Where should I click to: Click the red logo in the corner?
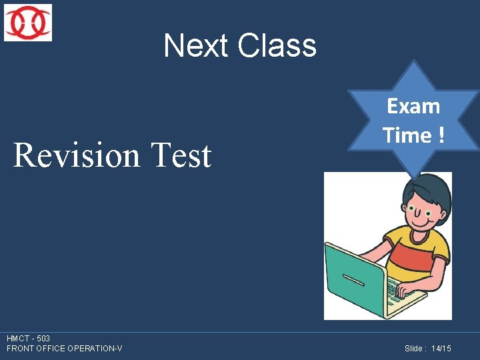pyautogui.click(x=27, y=23)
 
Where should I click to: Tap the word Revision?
pyautogui.click(x=77, y=155)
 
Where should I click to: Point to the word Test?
pyautogui.click(x=181, y=155)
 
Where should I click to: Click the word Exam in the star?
pyautogui.click(x=413, y=106)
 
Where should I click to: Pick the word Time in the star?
pyautogui.click(x=406, y=135)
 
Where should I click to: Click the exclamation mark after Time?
pyautogui.click(x=441, y=135)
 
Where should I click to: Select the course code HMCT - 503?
pyautogui.click(x=28, y=339)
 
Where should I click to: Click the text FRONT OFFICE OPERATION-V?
pyautogui.click(x=64, y=349)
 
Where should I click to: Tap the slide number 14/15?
pyautogui.click(x=441, y=349)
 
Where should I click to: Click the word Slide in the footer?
pyautogui.click(x=415, y=349)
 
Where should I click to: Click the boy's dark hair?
pyautogui.click(x=427, y=190)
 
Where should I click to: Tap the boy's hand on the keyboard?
pyautogui.click(x=407, y=291)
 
